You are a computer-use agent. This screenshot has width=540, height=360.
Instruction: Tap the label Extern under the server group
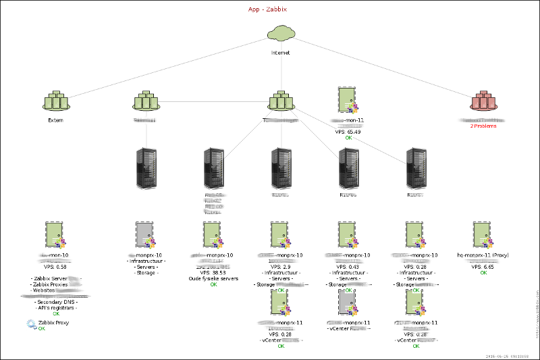click(55, 120)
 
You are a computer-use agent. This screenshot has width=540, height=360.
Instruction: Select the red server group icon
click(483, 101)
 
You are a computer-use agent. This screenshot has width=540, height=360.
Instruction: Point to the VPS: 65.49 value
click(348, 132)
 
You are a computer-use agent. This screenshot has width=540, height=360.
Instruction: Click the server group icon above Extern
click(55, 101)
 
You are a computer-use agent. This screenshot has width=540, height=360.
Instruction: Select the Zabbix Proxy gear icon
click(31, 324)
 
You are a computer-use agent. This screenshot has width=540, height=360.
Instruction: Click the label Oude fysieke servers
click(213, 278)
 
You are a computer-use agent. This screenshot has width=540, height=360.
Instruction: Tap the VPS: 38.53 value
click(213, 272)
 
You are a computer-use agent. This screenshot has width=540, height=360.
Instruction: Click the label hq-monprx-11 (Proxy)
click(483, 255)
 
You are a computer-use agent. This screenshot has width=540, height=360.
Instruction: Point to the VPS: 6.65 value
click(483, 267)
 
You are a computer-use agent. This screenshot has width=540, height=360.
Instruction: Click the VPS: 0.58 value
click(55, 267)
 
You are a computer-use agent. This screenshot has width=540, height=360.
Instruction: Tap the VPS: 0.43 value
click(348, 267)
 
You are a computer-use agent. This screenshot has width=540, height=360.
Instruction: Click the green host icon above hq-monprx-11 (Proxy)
click(483, 236)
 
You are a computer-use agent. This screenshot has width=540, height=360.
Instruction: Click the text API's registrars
click(55, 307)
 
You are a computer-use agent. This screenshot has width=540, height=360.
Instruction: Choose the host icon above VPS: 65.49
click(348, 99)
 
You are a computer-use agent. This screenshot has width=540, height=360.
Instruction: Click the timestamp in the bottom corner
click(511, 355)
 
